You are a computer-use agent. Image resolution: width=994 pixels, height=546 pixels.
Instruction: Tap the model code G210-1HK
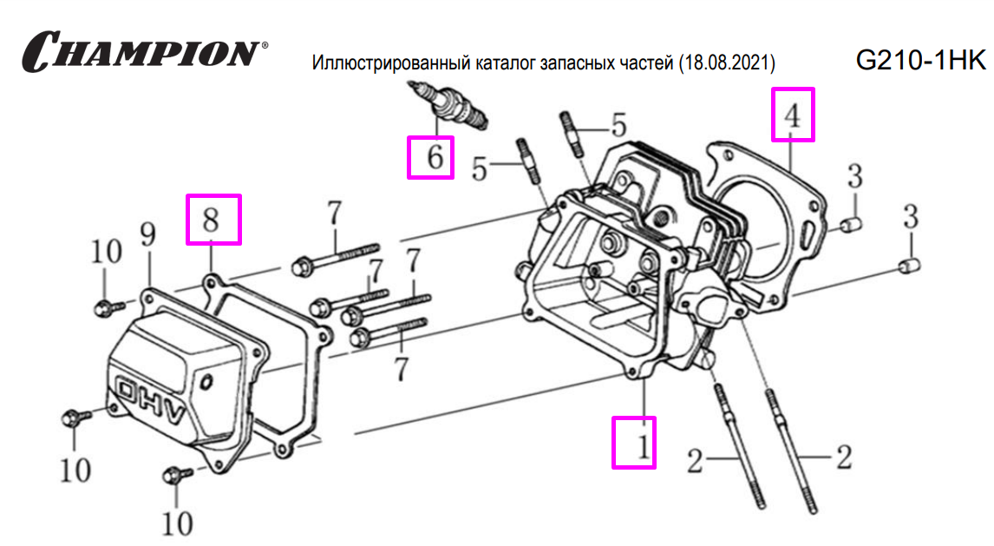(920, 61)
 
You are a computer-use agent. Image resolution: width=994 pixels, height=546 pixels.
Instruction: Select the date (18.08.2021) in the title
(726, 64)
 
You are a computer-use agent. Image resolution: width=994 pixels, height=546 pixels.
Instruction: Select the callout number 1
(642, 445)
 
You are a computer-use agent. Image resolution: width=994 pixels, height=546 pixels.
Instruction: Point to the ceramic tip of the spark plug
(416, 87)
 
